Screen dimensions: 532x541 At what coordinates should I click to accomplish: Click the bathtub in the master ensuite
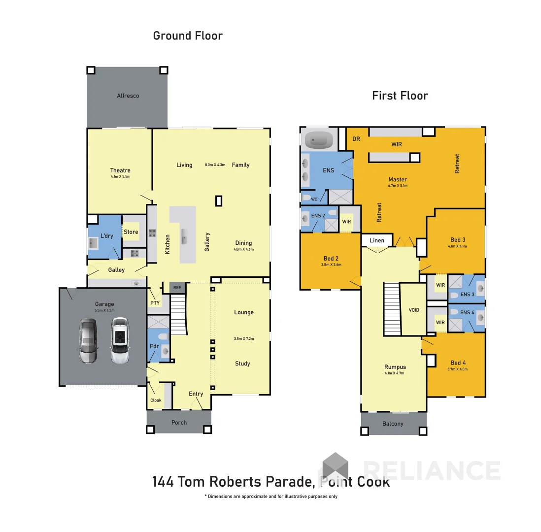319,140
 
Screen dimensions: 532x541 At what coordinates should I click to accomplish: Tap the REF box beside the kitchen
176,288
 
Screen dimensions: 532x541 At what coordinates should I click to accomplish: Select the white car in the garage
119,340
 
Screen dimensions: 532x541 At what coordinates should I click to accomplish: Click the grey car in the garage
88,341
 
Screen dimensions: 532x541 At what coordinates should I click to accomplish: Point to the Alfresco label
128,96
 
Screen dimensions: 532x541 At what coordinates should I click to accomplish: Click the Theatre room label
120,170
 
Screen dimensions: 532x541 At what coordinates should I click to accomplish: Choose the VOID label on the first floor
414,310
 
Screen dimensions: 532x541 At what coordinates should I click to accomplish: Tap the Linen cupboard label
377,240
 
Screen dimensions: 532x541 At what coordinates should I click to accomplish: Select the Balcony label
393,424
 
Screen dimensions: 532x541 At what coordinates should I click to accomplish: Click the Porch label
179,423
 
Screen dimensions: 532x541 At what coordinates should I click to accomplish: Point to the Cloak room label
156,400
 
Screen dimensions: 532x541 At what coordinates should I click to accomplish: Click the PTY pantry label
155,303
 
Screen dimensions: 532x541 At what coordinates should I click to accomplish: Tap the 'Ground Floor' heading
188,36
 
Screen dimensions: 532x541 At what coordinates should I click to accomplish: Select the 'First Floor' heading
400,96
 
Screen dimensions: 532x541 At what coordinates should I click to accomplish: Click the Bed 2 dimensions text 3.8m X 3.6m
331,265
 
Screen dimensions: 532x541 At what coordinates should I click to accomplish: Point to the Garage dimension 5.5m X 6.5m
104,310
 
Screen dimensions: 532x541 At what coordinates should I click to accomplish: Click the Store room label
131,232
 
